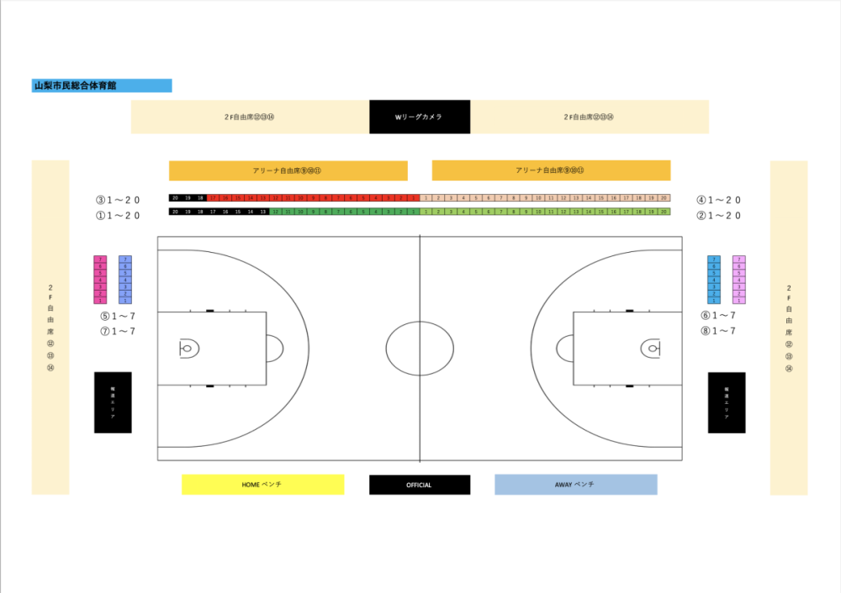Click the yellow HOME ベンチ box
(x=262, y=485)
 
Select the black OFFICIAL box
(x=419, y=485)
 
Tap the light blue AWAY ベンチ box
(x=575, y=485)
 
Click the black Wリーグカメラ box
(x=419, y=117)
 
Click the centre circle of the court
(x=419, y=348)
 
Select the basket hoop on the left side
(x=187, y=348)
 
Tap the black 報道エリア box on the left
(x=113, y=402)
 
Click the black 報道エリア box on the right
(x=727, y=402)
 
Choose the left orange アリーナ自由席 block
(x=288, y=171)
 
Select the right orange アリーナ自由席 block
(x=551, y=171)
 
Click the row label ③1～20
(x=118, y=201)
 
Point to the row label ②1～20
(x=718, y=215)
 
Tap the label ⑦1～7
(x=118, y=331)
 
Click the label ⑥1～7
(x=718, y=315)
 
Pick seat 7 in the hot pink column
(x=100, y=259)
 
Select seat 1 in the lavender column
(x=739, y=300)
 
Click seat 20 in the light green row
(x=664, y=212)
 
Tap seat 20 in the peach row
(x=664, y=197)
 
